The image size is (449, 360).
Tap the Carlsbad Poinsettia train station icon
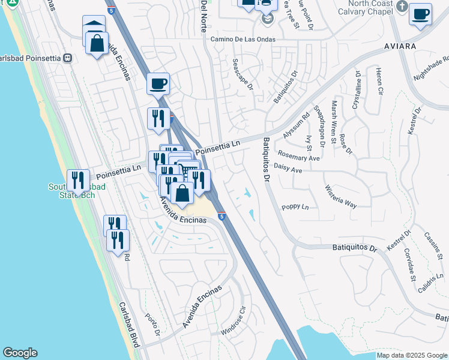point(67,58)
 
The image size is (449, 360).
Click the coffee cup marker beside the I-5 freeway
point(158,84)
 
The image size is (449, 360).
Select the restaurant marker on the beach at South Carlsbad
point(78,179)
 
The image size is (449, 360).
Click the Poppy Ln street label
point(295,207)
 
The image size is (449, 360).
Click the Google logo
point(20,353)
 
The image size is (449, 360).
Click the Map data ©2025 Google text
point(412,355)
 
